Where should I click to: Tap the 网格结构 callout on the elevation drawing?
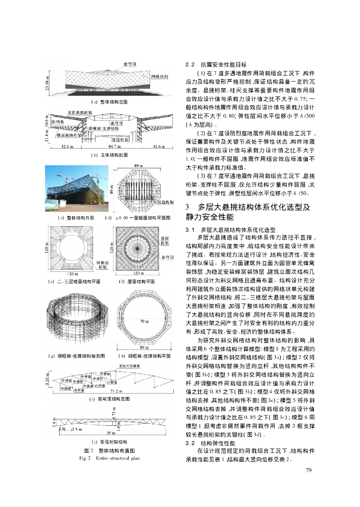coord(159,76)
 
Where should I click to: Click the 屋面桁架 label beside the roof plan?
coord(166,241)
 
